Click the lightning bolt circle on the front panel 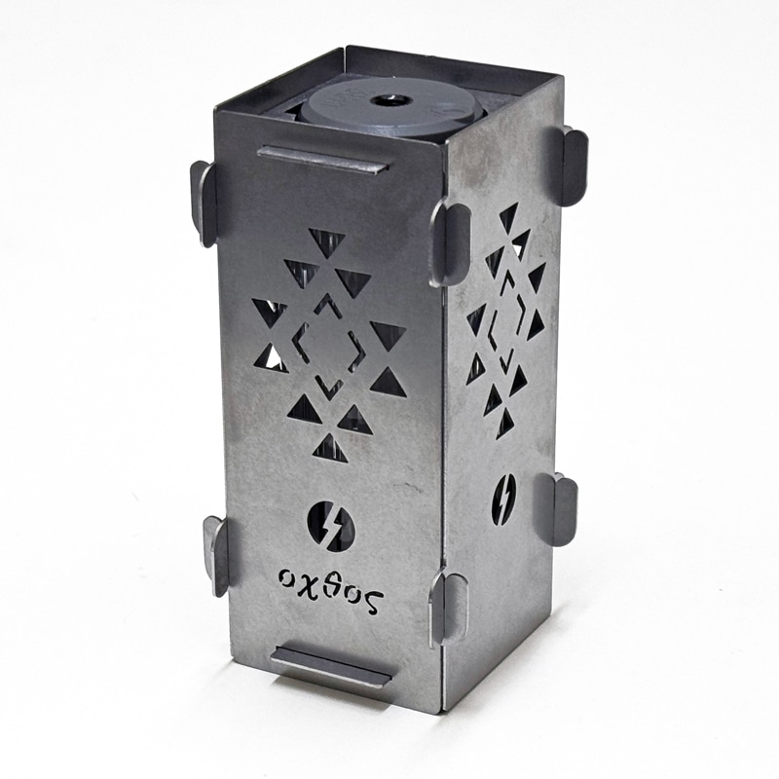tap(331, 526)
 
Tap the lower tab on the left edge tap(215, 554)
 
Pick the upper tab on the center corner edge tap(450, 241)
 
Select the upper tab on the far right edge tap(574, 166)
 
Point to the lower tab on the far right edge tap(562, 509)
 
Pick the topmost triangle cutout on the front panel tap(326, 241)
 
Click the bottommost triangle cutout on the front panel tap(330, 448)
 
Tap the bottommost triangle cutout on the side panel tap(505, 424)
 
